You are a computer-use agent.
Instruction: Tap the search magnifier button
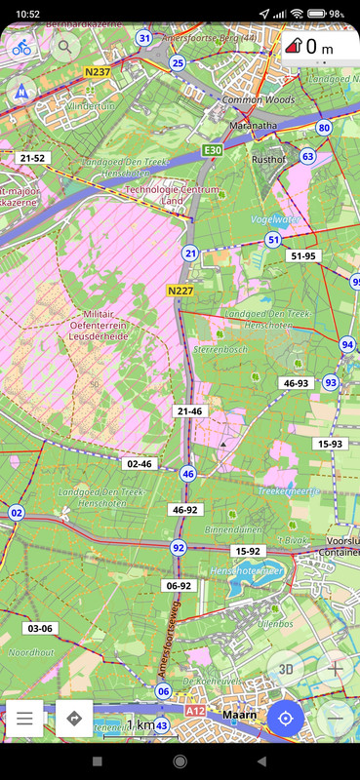(66, 46)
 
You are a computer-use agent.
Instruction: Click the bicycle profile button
(21, 46)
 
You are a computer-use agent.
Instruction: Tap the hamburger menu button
(25, 719)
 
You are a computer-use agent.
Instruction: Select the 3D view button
(286, 669)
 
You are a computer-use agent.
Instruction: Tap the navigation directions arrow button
(74, 719)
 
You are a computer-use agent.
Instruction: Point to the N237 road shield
(97, 71)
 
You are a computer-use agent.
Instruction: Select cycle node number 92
(178, 548)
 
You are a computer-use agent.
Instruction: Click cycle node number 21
(190, 253)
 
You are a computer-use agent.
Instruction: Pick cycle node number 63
(308, 156)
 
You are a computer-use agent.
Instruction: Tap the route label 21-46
(190, 411)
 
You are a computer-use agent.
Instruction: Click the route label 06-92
(179, 586)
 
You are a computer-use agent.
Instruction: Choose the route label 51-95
(303, 255)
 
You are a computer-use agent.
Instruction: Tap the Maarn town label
(240, 714)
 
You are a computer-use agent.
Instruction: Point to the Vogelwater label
(275, 219)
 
